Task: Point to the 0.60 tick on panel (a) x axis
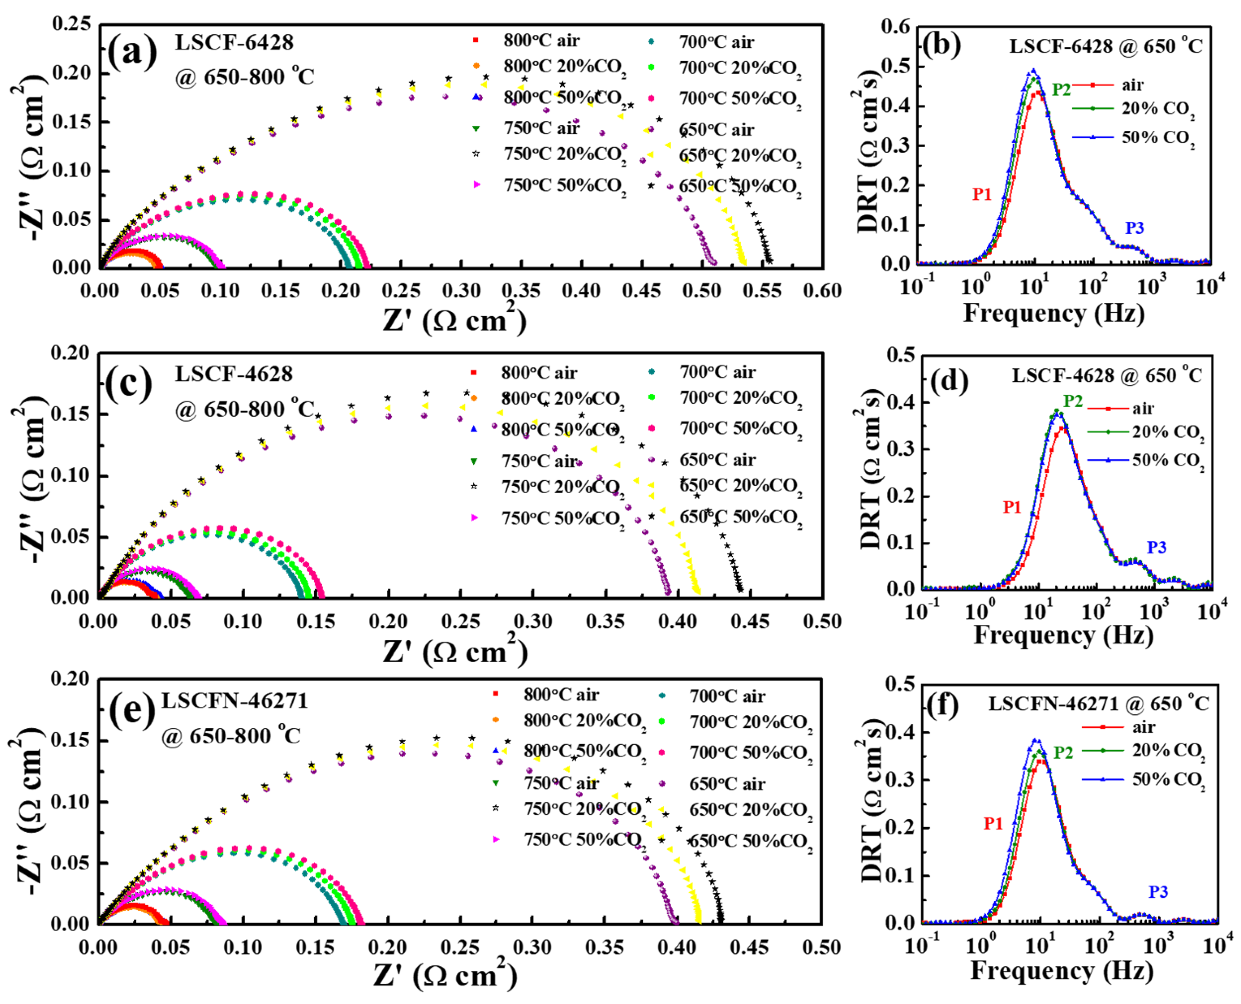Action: point(822,291)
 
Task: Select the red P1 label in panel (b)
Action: point(981,194)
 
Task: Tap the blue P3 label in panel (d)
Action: point(1156,547)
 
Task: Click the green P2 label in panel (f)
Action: point(1063,753)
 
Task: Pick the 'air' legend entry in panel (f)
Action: point(1143,727)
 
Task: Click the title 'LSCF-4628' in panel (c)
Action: point(234,374)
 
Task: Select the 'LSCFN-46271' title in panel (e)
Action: point(234,701)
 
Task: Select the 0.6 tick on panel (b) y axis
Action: point(895,27)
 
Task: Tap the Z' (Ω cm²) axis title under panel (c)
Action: point(455,652)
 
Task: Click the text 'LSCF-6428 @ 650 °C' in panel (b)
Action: point(1106,46)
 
